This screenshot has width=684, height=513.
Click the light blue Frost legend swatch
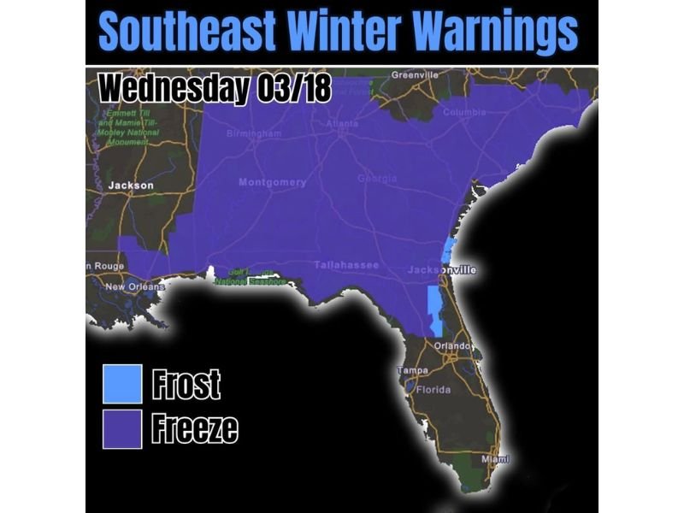click(122, 384)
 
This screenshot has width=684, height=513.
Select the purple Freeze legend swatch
click(122, 427)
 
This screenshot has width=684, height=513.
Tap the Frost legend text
click(186, 385)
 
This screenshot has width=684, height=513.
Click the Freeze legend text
click(194, 428)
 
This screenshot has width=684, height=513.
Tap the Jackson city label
click(130, 186)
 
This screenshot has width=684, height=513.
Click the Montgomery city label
click(271, 182)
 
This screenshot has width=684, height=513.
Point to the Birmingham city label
click(254, 134)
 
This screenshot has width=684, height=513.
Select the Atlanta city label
click(342, 124)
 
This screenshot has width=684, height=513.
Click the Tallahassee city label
click(345, 265)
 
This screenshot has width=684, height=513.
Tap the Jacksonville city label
click(441, 270)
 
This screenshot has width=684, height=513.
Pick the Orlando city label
click(452, 345)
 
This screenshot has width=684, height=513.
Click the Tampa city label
click(413, 370)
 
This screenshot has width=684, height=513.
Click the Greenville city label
click(415, 75)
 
